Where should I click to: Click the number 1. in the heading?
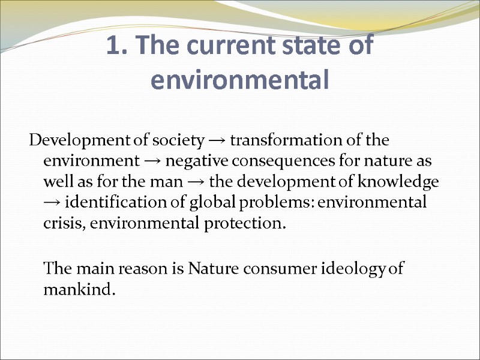(116, 47)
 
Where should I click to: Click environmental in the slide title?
(240, 80)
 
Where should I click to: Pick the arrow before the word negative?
(154, 162)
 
